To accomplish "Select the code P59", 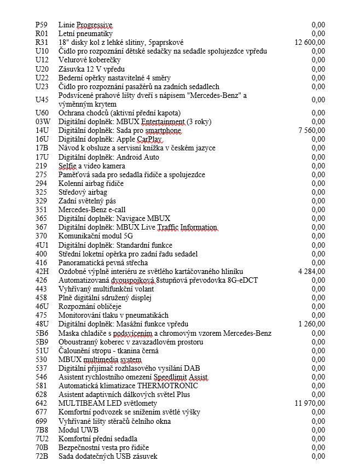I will point(40,25).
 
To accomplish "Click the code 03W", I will point(43,121).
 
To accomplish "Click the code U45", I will point(42,100).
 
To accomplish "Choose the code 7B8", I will point(42,430).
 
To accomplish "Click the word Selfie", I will point(68,166).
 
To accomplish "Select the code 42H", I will point(42,271).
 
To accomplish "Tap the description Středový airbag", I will point(83,192).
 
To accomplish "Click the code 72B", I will point(42,456).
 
